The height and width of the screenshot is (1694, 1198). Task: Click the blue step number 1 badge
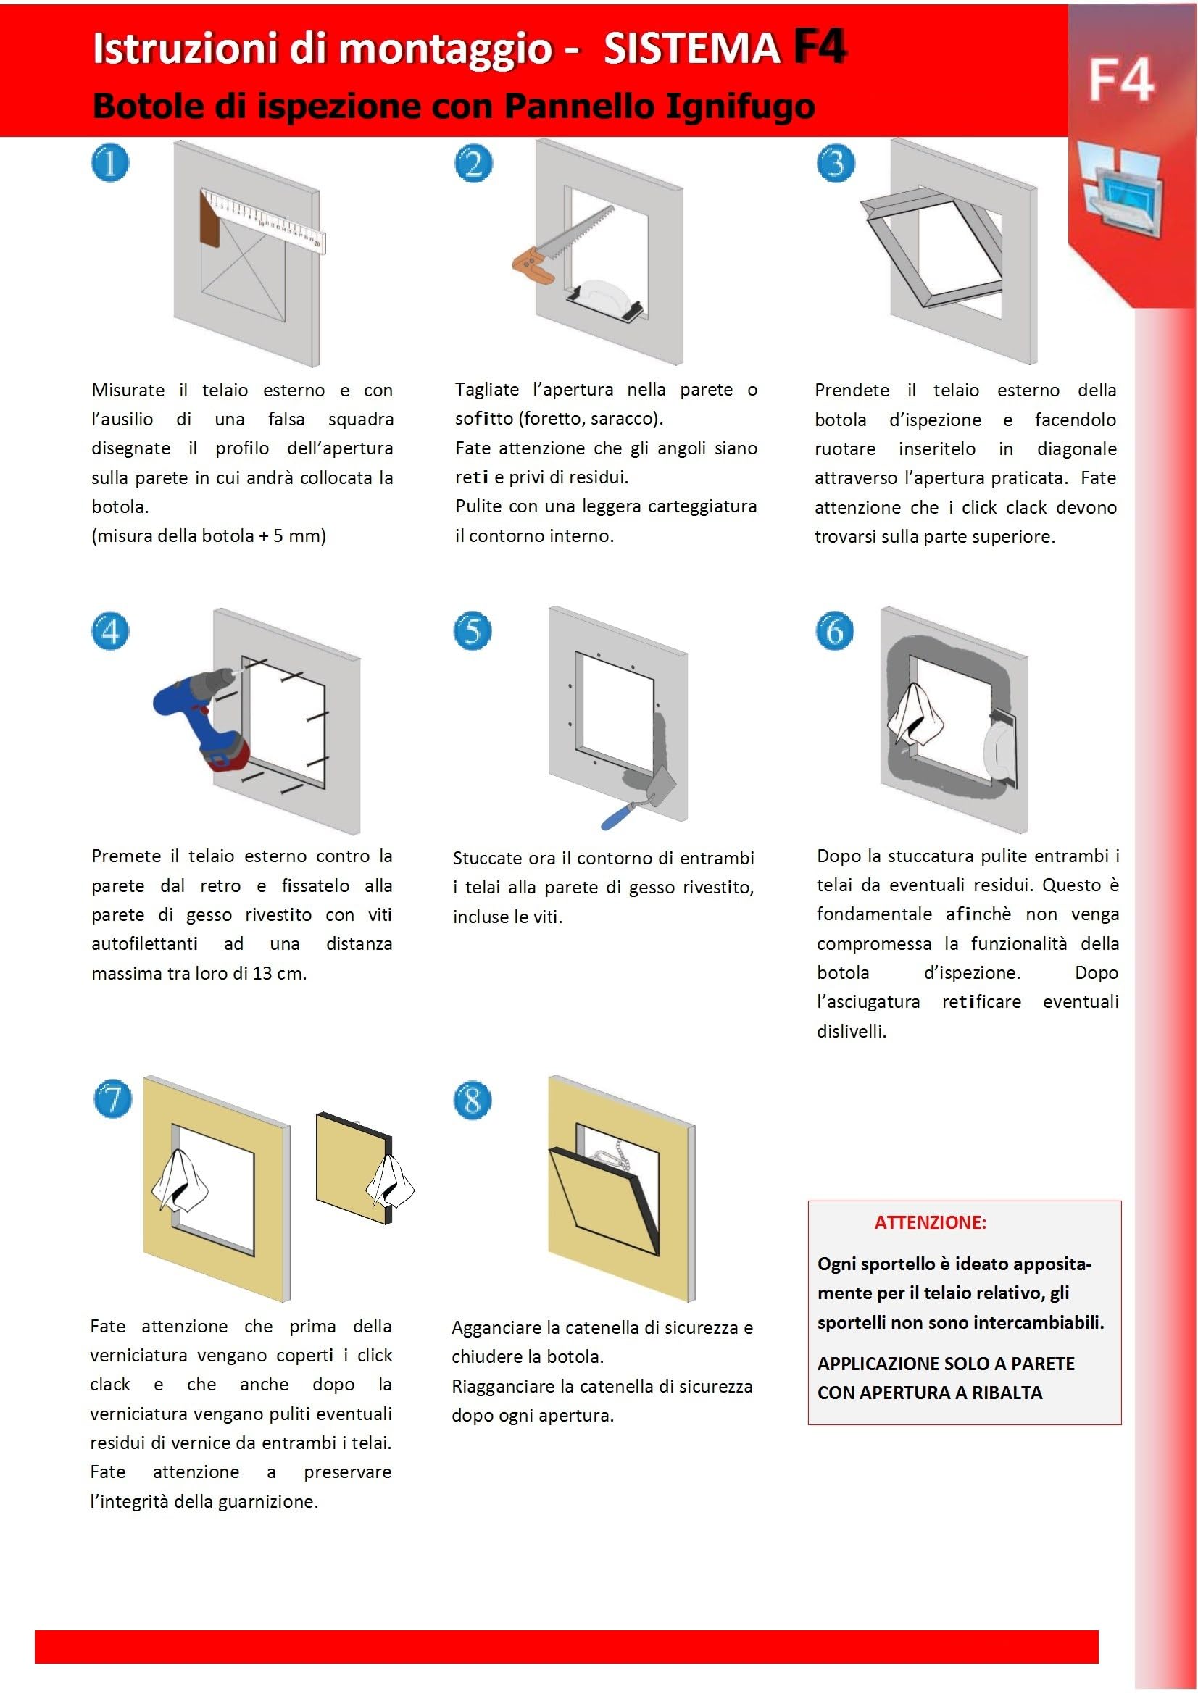pos(110,163)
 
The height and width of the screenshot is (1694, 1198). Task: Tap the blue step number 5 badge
pos(472,632)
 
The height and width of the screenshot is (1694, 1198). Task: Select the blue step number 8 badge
pos(473,1101)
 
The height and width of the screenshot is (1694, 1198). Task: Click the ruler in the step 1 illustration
pos(263,219)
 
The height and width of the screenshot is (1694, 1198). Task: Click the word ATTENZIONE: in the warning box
pos(930,1222)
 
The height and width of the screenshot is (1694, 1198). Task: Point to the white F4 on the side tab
pos(1120,80)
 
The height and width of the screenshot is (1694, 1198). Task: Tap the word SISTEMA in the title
pos(691,49)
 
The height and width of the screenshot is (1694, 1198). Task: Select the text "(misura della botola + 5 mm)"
pos(209,535)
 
